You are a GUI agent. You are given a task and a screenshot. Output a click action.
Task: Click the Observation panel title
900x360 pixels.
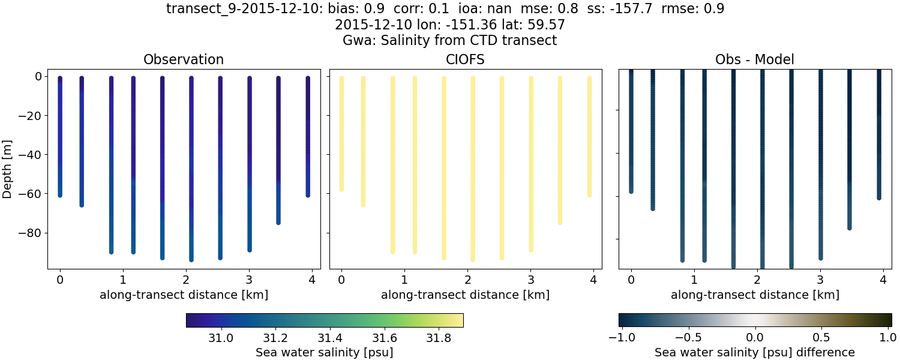click(x=184, y=59)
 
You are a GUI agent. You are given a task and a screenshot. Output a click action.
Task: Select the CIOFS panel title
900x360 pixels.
click(x=465, y=59)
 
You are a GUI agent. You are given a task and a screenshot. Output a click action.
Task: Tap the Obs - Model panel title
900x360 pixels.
click(x=754, y=59)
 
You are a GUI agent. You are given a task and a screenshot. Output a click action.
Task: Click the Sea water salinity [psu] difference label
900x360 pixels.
click(x=754, y=352)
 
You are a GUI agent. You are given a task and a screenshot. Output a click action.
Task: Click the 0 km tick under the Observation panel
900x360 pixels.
click(x=60, y=280)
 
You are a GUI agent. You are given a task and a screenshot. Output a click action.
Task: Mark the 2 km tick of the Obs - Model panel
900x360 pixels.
click(x=757, y=280)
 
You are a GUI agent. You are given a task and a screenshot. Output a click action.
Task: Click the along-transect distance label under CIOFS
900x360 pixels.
click(x=465, y=295)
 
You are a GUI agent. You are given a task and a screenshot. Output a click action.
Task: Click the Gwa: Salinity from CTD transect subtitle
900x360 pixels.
click(x=450, y=41)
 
